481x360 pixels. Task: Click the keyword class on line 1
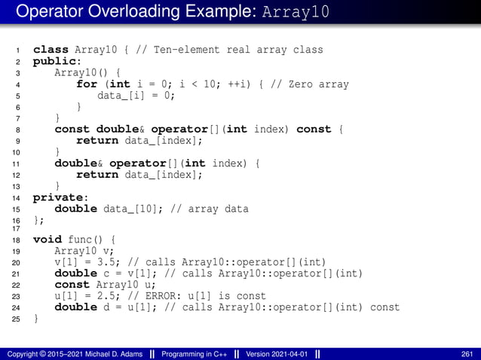(50, 50)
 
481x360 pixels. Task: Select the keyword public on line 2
(56, 61)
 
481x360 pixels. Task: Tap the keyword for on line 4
(86, 84)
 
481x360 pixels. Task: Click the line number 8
(17, 130)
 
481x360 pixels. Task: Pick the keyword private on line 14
(58, 197)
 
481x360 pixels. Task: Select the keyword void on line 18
(47, 239)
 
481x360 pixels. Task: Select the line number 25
(16, 319)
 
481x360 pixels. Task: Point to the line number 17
(16, 229)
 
